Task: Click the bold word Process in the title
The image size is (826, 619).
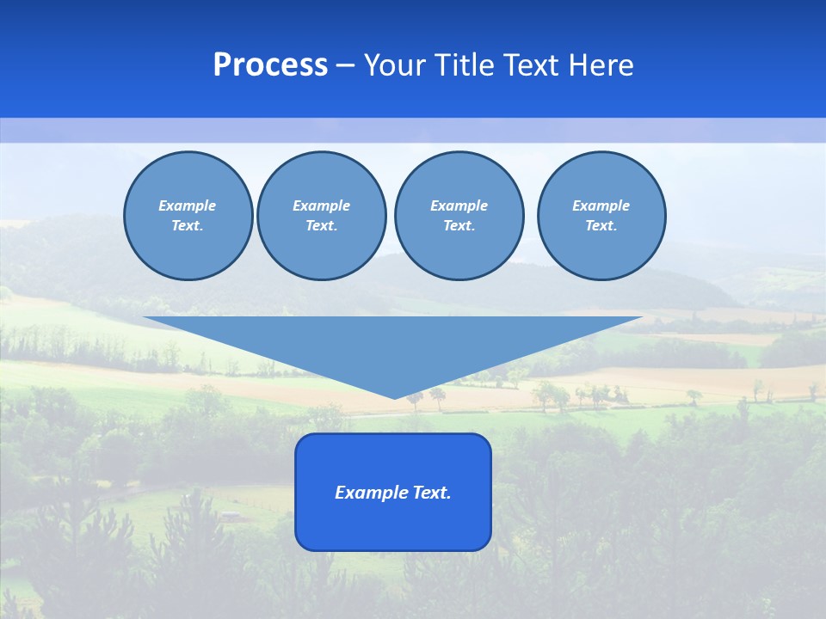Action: point(270,65)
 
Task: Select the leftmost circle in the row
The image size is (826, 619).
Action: point(188,216)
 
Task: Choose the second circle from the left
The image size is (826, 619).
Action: point(321,216)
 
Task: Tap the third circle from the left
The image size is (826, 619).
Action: point(459,216)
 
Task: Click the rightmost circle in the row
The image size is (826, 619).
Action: point(601,216)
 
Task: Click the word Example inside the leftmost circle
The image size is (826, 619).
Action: point(188,205)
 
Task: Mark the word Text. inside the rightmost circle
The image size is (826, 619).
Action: point(601,226)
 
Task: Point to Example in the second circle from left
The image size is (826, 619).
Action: point(321,205)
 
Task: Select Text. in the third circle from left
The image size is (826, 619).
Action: point(459,226)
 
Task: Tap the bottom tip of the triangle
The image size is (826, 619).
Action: point(394,396)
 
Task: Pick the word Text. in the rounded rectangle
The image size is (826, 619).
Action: point(431,493)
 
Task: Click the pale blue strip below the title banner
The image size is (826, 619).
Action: point(413,130)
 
